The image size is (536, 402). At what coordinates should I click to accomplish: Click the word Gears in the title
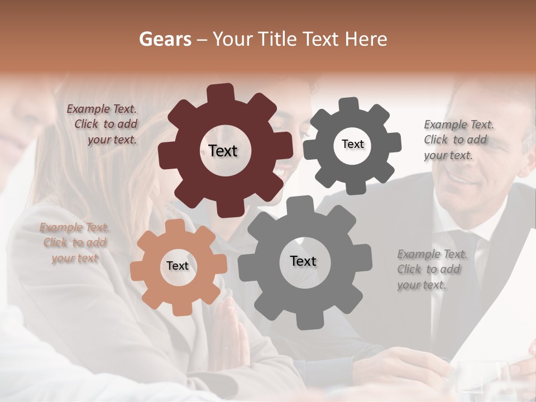pos(165,39)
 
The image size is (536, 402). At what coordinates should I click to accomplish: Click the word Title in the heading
pos(280,39)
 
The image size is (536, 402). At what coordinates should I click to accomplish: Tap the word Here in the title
pos(366,39)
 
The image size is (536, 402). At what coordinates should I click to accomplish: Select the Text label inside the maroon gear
pos(223,151)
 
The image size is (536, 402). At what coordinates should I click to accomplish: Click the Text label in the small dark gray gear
pos(352,144)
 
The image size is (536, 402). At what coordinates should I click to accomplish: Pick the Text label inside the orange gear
pos(178,266)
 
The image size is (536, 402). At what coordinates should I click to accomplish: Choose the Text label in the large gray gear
pos(303,261)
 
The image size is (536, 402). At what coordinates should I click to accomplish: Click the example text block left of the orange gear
pos(75,243)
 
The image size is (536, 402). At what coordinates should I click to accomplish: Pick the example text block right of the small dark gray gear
pos(458,140)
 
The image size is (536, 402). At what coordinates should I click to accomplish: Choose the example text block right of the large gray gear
pos(432,270)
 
